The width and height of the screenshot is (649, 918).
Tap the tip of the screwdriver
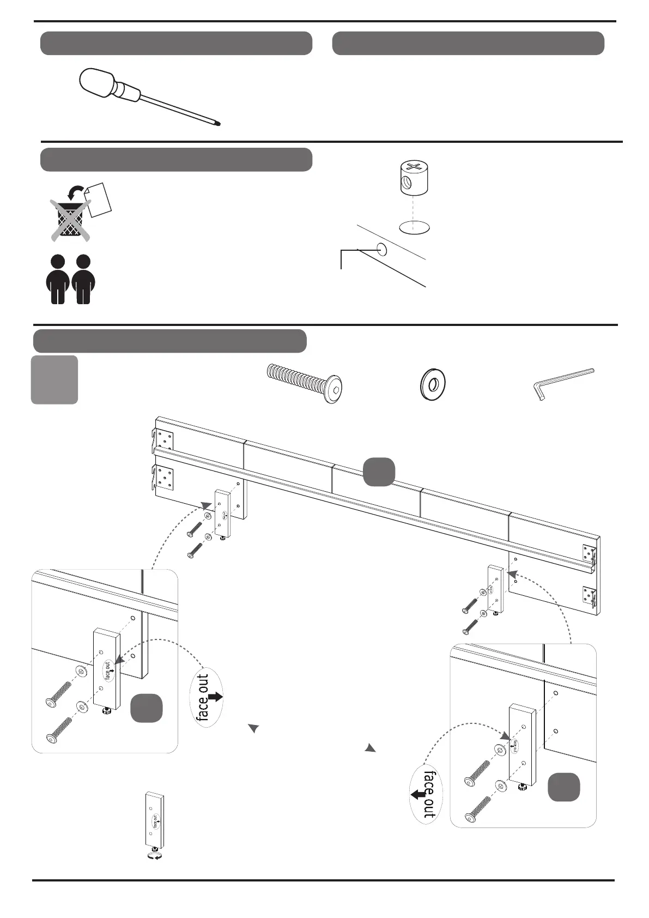(x=219, y=124)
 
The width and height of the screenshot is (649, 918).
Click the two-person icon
(x=70, y=279)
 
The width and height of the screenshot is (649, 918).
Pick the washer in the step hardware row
(x=433, y=385)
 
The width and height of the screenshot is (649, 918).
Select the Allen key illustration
(x=561, y=382)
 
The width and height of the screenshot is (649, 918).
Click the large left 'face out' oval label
(x=208, y=697)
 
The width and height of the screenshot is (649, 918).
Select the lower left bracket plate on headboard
(x=165, y=478)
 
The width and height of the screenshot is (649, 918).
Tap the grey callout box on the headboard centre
(x=379, y=472)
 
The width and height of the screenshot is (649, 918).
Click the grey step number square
(x=54, y=380)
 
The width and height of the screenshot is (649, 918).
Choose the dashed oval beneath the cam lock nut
(x=415, y=227)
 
